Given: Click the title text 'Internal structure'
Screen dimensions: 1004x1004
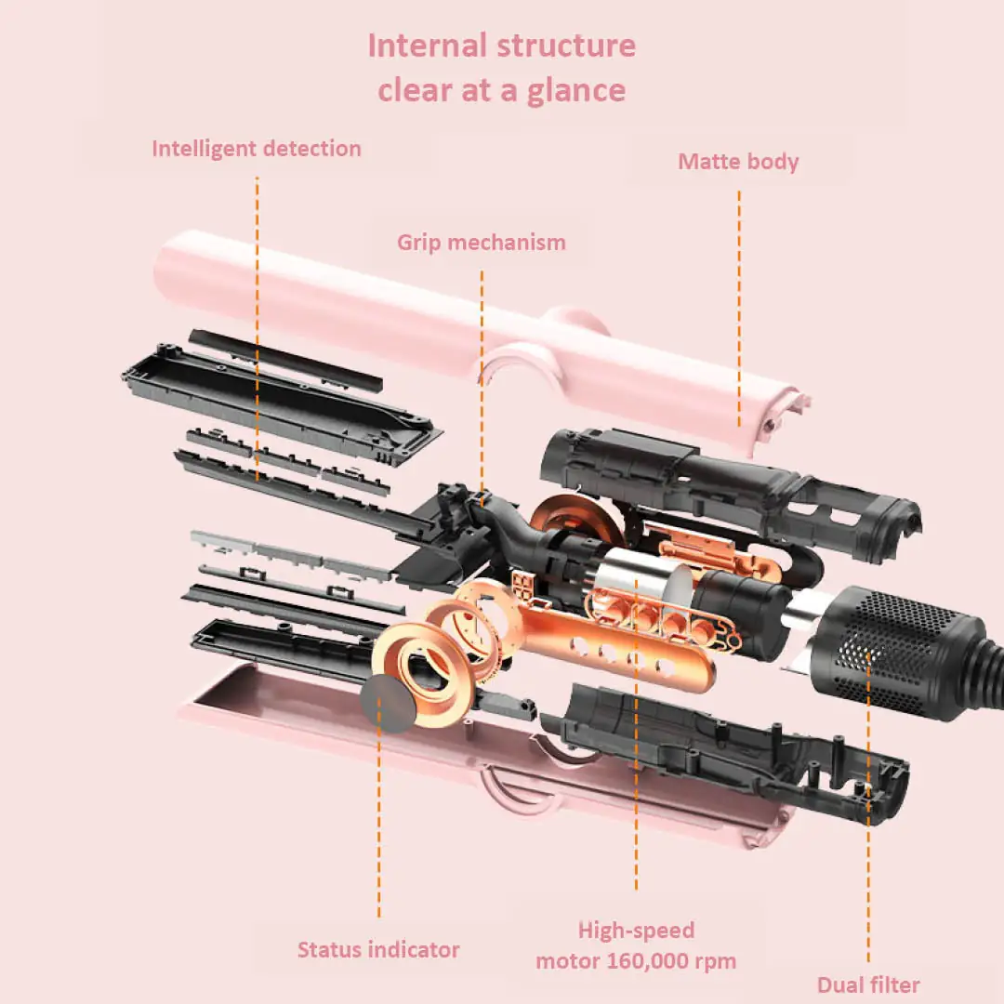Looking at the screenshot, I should [502, 46].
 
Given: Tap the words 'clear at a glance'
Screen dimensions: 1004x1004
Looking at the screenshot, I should [502, 90].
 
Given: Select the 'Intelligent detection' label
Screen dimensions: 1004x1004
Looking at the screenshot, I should [257, 148].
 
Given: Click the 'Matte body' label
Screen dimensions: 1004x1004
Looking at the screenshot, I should [738, 161].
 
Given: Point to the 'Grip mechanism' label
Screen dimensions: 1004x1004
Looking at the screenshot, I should [482, 243].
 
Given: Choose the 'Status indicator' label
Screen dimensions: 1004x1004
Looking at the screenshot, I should [378, 949].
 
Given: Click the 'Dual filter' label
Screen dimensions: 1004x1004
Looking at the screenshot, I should [868, 984].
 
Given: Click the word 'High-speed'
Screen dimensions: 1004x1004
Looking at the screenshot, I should [636, 930].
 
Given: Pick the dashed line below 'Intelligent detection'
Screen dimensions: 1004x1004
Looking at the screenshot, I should [258, 325].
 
